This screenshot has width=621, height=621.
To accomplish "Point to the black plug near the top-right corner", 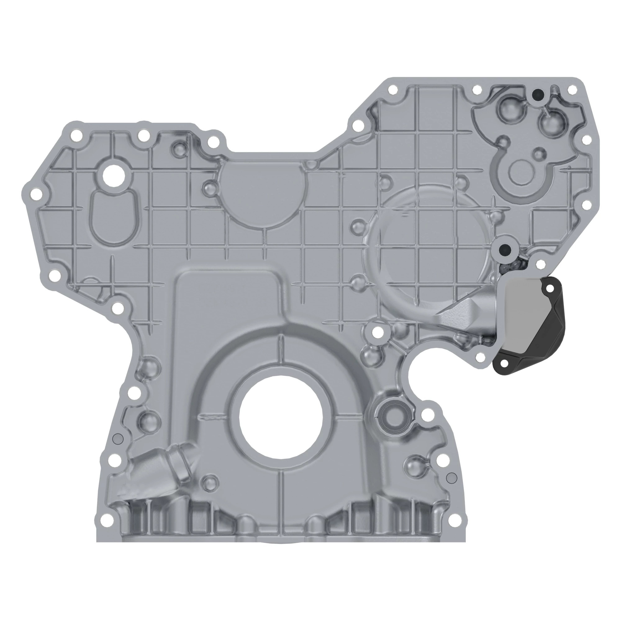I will point(537,94).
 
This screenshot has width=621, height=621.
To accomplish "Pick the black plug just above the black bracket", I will point(504,248).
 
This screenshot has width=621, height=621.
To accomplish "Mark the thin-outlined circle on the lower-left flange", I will point(118,438).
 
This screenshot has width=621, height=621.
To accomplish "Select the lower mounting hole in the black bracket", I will point(503,363).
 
